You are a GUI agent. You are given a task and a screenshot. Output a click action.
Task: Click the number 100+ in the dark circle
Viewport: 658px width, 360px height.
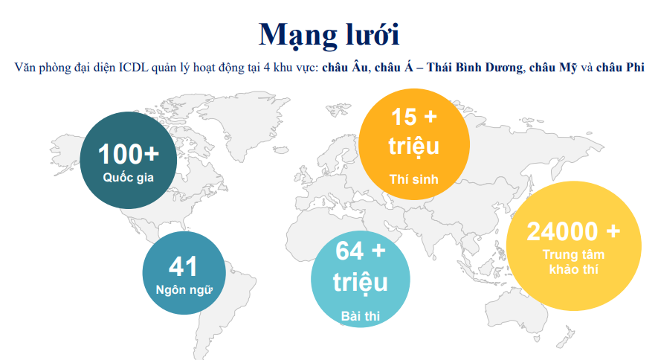(x=128, y=154)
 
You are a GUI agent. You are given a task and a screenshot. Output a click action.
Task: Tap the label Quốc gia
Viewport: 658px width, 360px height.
(x=128, y=179)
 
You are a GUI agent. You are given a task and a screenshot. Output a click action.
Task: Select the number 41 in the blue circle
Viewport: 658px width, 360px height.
(x=183, y=266)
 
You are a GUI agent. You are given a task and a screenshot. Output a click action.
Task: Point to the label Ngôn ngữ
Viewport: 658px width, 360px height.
(x=183, y=290)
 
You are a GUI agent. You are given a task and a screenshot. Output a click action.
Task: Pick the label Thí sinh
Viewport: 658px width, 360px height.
(x=413, y=179)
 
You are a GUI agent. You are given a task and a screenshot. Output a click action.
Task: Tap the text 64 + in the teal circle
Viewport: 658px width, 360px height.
(x=361, y=251)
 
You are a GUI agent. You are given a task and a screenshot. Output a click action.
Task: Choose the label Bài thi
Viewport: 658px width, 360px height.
(x=361, y=316)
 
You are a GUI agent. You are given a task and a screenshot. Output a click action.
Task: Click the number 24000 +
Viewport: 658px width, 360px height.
(x=572, y=231)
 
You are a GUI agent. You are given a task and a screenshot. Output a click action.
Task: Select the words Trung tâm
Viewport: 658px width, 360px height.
(x=572, y=254)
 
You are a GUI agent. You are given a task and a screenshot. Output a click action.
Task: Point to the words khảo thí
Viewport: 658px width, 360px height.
(x=572, y=269)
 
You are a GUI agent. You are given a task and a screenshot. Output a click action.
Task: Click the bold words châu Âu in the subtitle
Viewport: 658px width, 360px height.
(x=345, y=68)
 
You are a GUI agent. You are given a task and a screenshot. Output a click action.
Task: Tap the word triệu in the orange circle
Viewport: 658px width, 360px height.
(x=413, y=146)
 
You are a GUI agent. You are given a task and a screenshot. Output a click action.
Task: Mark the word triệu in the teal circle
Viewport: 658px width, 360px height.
(x=361, y=283)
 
